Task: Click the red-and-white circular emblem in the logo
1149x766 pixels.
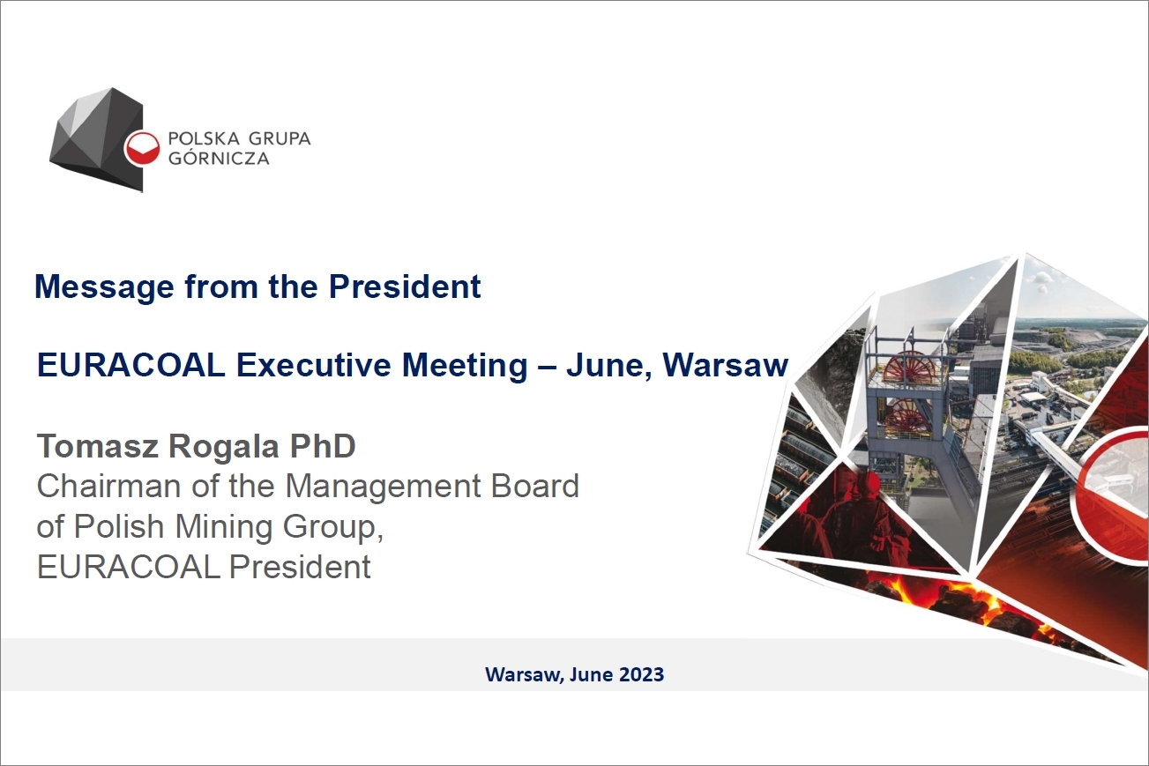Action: coord(141,149)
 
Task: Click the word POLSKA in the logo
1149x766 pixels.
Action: coord(205,138)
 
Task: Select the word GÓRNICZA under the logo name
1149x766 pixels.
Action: coord(219,158)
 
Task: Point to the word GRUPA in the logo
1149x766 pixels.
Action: coord(280,138)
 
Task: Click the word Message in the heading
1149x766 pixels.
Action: coord(104,287)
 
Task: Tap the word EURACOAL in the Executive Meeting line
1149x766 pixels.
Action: coord(131,365)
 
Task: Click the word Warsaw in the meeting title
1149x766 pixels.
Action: coord(726,365)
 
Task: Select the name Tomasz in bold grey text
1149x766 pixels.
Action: coord(98,445)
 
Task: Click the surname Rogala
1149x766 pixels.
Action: coord(224,447)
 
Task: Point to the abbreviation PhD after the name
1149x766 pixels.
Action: coord(323,445)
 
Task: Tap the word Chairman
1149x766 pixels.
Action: coord(108,486)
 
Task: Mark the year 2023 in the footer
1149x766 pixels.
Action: coord(641,674)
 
